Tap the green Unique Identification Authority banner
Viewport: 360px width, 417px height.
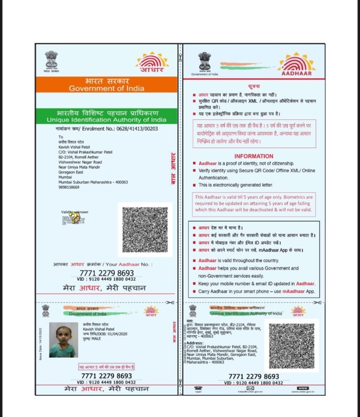[x=106, y=116]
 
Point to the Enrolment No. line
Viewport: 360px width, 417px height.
[x=106, y=130]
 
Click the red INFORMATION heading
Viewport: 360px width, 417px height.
[x=254, y=156]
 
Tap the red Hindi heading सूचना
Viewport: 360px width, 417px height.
[x=254, y=87]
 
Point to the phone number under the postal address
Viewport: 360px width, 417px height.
[x=69, y=187]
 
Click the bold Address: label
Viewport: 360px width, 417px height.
[x=195, y=342]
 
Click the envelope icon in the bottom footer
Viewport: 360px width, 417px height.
[x=250, y=388]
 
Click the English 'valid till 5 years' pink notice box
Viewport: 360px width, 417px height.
[x=254, y=204]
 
